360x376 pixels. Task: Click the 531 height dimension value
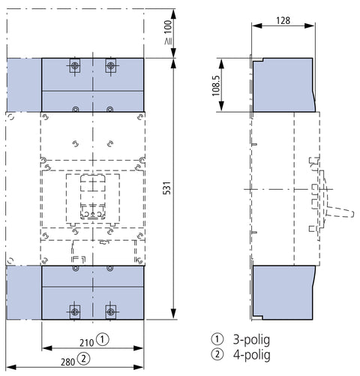[167, 188]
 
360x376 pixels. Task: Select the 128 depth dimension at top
[283, 20]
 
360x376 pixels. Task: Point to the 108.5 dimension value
[216, 86]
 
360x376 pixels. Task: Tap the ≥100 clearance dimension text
[168, 32]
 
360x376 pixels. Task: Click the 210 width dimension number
[87, 343]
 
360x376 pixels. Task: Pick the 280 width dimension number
[68, 362]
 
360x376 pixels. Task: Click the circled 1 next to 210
[103, 339]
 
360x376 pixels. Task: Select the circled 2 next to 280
[84, 359]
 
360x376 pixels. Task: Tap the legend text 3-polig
[251, 340]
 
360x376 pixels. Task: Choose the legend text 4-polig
[252, 355]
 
